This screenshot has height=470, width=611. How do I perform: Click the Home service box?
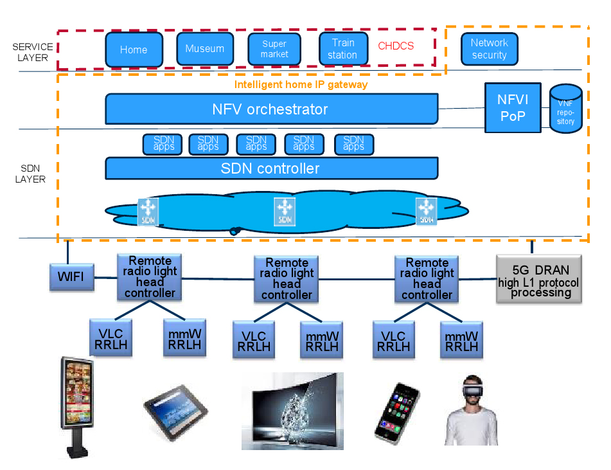click(x=134, y=50)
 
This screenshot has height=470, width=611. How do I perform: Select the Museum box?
click(x=205, y=49)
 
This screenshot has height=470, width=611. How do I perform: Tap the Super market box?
click(x=274, y=50)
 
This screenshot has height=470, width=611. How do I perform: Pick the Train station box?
click(x=343, y=49)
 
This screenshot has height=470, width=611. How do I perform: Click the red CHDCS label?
click(x=396, y=46)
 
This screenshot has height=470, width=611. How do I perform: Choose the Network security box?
click(x=490, y=49)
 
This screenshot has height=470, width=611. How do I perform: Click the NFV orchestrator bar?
click(x=271, y=109)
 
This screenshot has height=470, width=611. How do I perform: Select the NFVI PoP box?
click(x=513, y=107)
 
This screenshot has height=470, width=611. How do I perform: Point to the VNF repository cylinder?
click(x=566, y=109)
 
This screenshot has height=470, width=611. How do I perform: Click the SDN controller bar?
click(x=271, y=168)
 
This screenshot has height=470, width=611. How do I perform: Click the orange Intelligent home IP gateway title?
click(x=301, y=84)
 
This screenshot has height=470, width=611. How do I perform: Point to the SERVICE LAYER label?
click(x=33, y=52)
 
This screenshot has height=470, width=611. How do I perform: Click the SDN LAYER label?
click(x=30, y=174)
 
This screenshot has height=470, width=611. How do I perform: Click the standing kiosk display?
click(x=76, y=405)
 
